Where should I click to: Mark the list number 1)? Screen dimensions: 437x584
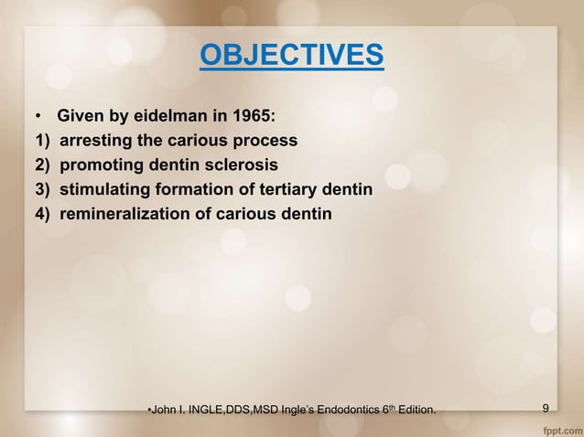42,142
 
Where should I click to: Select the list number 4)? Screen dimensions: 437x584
42,215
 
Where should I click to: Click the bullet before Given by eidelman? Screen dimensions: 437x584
38,118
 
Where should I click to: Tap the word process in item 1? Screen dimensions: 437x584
270,142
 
